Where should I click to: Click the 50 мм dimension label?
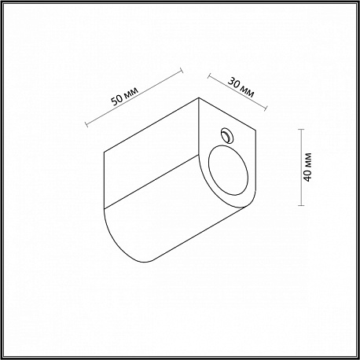tap(125, 96)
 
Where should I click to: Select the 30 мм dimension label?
tap(241, 87)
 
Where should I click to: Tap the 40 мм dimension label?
tap(308, 167)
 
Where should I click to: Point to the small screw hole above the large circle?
tap(227, 136)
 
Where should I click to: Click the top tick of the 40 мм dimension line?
tap(301, 130)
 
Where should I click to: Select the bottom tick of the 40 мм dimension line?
tap(301, 205)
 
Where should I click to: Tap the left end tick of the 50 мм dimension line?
tap(86, 124)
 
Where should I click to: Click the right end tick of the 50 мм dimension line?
tap(182, 71)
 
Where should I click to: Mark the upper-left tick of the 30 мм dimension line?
tap(209, 76)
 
